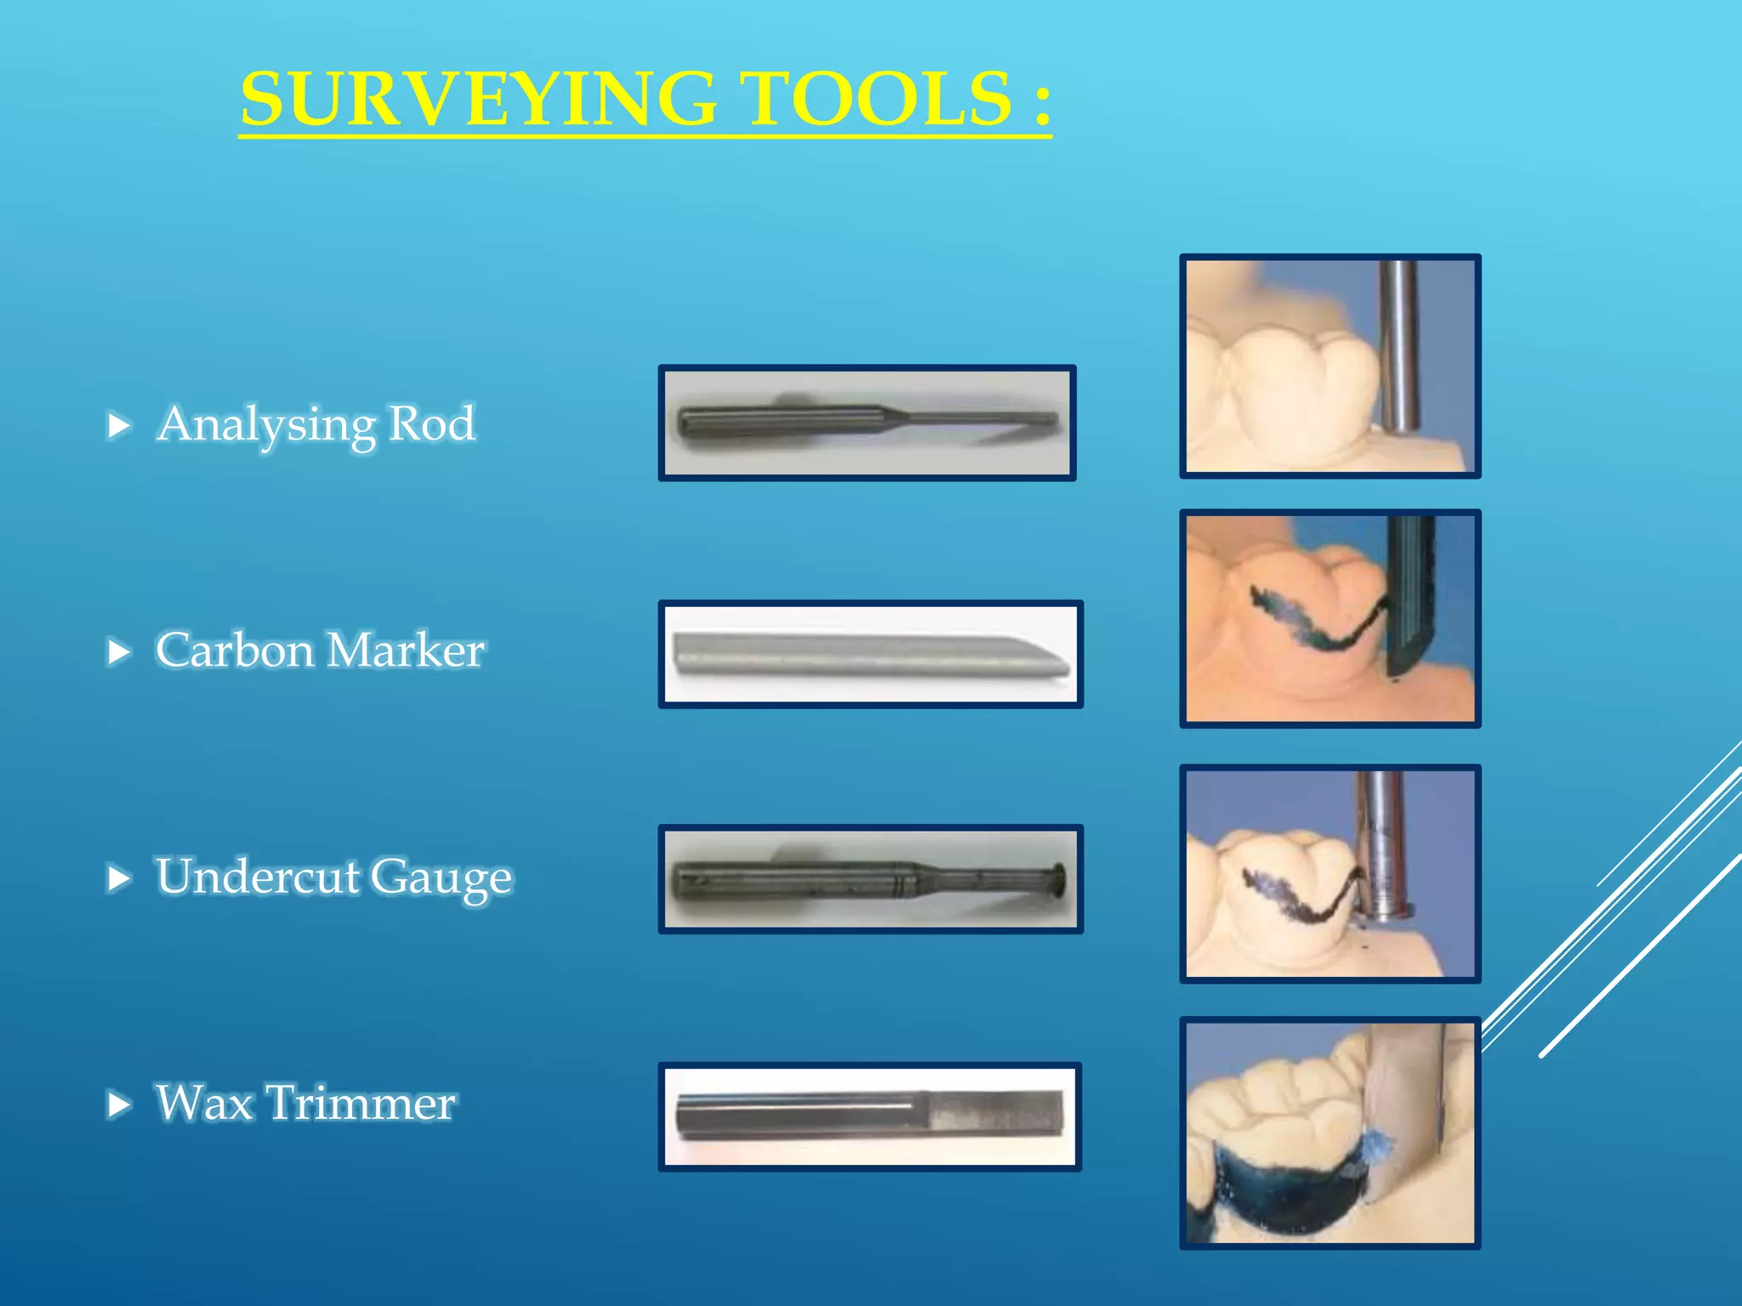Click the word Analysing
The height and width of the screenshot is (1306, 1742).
pyautogui.click(x=265, y=424)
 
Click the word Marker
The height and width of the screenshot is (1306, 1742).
pyautogui.click(x=405, y=650)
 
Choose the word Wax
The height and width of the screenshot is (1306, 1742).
pyautogui.click(x=204, y=1103)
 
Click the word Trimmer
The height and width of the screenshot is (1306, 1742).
pyautogui.click(x=361, y=1103)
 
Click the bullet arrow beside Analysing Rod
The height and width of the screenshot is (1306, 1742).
pyautogui.click(x=120, y=424)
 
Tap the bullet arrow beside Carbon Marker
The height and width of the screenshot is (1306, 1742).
pyautogui.click(x=120, y=651)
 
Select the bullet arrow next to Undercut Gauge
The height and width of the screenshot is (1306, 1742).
pyautogui.click(x=120, y=877)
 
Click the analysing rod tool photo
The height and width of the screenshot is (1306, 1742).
pyautogui.click(x=867, y=423)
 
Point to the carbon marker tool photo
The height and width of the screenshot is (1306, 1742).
pyautogui.click(x=870, y=654)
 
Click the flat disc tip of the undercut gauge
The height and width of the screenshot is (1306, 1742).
pyautogui.click(x=1058, y=877)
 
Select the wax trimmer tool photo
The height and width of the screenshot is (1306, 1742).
pyautogui.click(x=869, y=1116)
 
